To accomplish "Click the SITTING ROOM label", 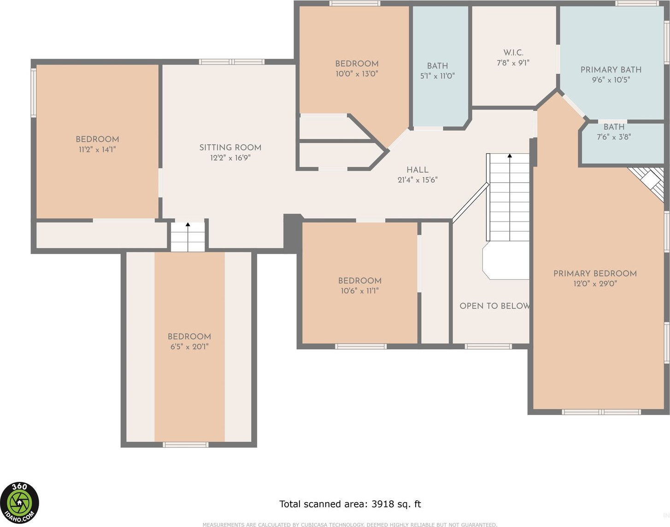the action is (230, 147).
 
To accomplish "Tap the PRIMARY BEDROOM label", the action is (595, 274).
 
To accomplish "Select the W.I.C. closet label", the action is (513, 53).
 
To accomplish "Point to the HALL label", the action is (417, 170).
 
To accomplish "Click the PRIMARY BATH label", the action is (611, 70).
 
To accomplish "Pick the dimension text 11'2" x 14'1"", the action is (97, 150).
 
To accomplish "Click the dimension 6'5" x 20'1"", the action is (189, 347).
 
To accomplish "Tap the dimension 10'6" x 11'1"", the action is (359, 291).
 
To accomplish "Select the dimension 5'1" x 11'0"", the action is (437, 76).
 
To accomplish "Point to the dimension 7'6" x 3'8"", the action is (614, 137).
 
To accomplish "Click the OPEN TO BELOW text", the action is (495, 306).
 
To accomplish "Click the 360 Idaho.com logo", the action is (19, 503).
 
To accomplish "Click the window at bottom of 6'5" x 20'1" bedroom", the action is (186, 445).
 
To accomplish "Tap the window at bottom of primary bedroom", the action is (602, 412).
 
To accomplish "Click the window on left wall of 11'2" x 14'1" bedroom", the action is (34, 93).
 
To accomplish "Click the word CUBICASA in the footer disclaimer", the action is (314, 525).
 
